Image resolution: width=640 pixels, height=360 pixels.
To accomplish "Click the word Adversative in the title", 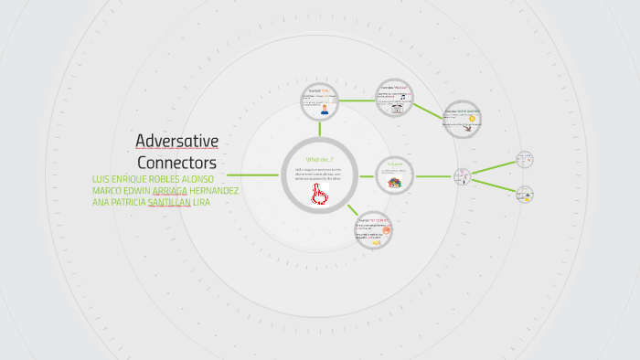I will [176, 141].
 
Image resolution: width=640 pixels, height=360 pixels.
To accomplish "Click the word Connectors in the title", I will [176, 162].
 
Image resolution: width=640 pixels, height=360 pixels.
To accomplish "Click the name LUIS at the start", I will [103, 179].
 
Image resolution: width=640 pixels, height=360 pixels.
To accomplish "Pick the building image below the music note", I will [398, 107].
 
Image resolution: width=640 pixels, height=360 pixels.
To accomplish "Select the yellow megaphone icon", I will [376, 243].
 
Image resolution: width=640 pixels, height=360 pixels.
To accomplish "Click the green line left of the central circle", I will [252, 175].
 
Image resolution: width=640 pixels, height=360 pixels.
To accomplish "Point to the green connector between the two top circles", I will [357, 101].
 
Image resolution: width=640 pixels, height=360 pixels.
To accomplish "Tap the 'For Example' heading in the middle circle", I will [395, 165].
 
